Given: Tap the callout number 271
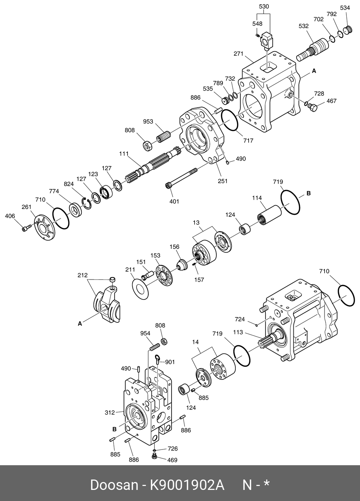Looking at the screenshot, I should [238, 54].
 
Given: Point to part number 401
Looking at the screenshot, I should [174, 201].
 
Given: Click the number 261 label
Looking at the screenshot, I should [27, 207].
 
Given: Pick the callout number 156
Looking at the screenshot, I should [174, 247].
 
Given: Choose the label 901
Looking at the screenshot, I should [170, 362].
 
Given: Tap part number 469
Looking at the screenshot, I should [173, 460].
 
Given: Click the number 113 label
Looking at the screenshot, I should [238, 332].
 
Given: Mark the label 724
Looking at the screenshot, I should [240, 319].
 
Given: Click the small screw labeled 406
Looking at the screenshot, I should [25, 228].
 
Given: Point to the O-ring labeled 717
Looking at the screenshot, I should [229, 121].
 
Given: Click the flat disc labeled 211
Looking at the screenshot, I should [140, 289].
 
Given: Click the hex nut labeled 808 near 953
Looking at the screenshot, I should [147, 145].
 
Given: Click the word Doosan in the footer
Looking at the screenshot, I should [114, 485].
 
